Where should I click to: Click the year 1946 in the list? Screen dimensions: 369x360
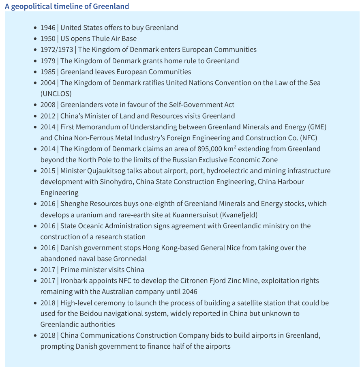(x=48, y=28)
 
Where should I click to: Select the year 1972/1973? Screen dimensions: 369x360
(x=57, y=49)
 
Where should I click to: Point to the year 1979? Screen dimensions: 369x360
(x=48, y=61)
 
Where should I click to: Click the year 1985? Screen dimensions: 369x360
(x=48, y=72)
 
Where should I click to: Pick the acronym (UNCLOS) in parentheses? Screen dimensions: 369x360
(x=56, y=94)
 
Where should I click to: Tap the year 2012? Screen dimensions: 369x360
(x=48, y=116)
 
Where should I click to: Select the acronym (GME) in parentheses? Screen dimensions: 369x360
(x=317, y=127)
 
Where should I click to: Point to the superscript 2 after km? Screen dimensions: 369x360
(x=235, y=146)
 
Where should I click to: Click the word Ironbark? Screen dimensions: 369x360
(x=75, y=281)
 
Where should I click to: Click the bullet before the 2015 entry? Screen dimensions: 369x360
(x=35, y=171)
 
